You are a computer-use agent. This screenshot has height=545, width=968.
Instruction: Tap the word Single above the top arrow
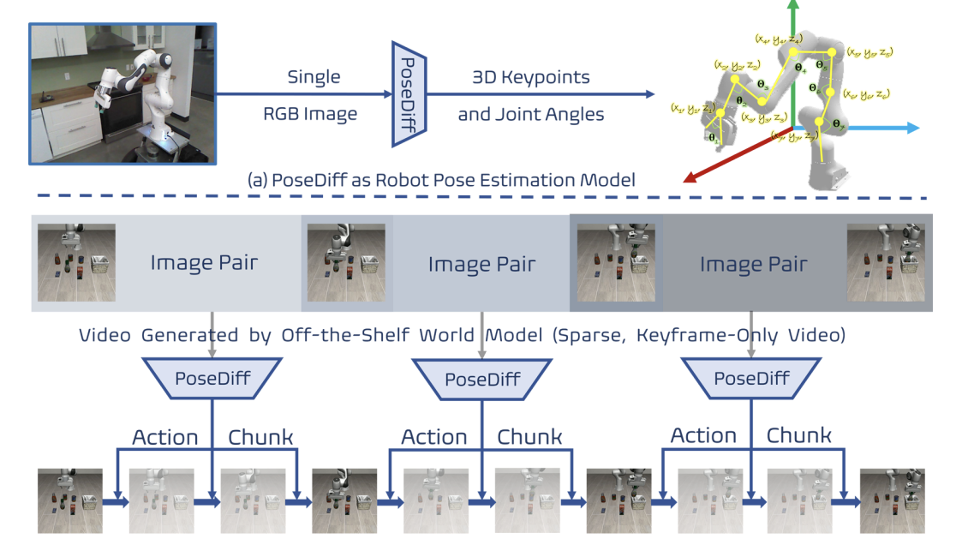click(314, 77)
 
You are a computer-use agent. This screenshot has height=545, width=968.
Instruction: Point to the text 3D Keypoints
click(530, 77)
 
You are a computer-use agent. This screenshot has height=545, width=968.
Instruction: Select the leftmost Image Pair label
click(204, 263)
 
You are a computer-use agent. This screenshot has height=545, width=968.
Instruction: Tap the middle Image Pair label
click(481, 265)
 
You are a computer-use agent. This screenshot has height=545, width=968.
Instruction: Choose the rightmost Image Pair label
click(753, 265)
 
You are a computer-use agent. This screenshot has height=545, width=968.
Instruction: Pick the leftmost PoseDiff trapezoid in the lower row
click(211, 378)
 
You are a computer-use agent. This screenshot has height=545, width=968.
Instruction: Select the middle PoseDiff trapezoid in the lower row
click(481, 378)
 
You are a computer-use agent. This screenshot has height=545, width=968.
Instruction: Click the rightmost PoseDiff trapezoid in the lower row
click(751, 378)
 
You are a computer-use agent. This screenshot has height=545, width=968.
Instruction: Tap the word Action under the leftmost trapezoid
click(165, 437)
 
